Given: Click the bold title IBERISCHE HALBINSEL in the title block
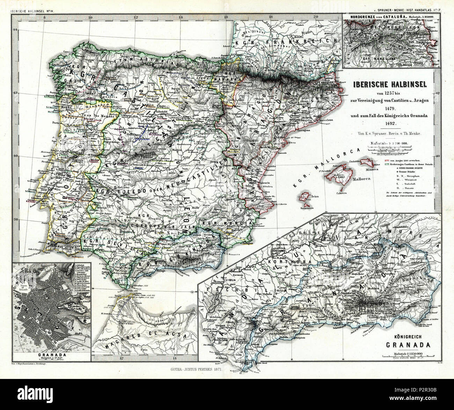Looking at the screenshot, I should point(393,85).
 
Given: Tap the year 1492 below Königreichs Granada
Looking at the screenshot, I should point(392,123).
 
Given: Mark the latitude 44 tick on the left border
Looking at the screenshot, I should point(15,30).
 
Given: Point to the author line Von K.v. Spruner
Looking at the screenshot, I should point(392,133).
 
